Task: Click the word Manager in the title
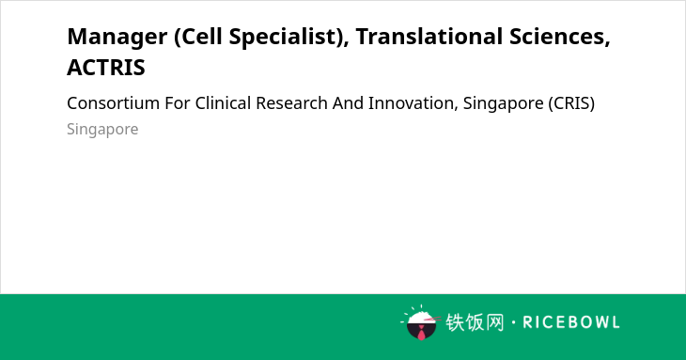tap(117, 38)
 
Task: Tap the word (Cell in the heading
tap(197, 37)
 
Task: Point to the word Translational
tap(429, 36)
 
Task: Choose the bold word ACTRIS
tap(106, 68)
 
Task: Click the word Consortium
tap(114, 103)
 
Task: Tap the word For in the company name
tap(178, 103)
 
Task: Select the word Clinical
tap(223, 103)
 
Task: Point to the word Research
tap(292, 103)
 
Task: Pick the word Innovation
tap(413, 103)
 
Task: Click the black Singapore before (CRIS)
tap(503, 104)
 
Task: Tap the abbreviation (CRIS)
tap(571, 103)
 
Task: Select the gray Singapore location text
tap(102, 130)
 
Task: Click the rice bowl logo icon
tap(420, 323)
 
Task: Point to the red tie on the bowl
tap(421, 334)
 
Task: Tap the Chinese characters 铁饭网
tap(475, 322)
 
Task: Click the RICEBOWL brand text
tap(571, 322)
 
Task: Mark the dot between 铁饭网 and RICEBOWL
tap(513, 322)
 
